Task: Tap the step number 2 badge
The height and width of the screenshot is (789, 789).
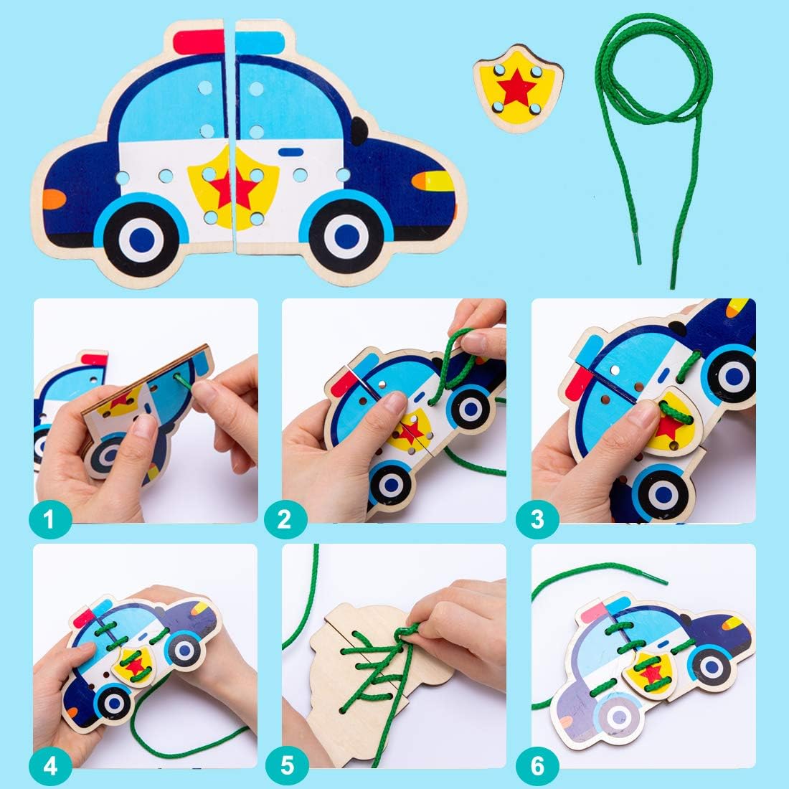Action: pos(285,519)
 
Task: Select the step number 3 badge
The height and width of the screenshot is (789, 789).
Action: pos(537,519)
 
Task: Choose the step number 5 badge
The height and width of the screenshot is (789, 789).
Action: pos(286,765)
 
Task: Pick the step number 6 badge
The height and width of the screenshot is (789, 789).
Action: pos(537,765)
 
